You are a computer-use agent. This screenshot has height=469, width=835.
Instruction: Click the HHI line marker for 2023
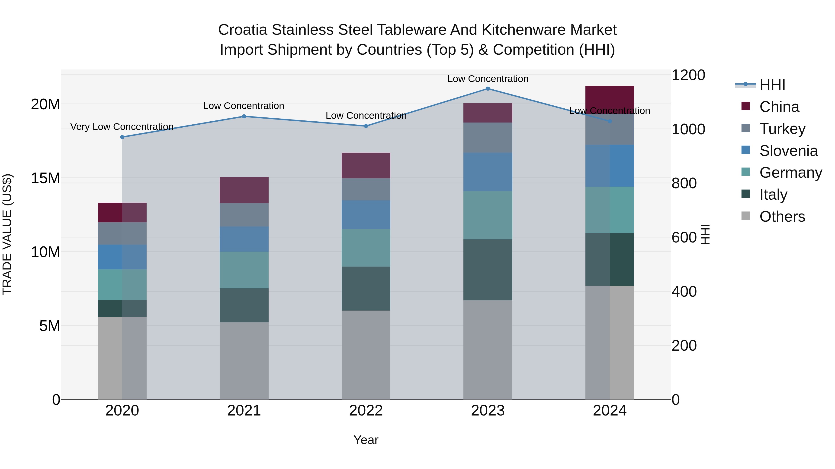point(488,89)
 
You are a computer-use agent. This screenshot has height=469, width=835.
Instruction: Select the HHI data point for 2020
point(122,137)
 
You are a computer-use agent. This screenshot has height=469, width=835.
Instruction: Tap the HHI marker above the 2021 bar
point(244,116)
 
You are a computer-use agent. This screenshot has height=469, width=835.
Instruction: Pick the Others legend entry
point(782,217)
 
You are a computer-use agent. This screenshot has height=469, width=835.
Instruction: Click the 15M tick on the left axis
point(45,178)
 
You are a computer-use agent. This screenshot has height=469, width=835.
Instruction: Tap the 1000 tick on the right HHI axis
point(688,129)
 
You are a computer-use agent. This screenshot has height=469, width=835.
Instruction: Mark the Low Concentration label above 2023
point(488,79)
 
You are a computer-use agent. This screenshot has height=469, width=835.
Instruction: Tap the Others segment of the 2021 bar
point(244,361)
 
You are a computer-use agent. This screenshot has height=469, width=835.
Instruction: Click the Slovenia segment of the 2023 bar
point(488,172)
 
